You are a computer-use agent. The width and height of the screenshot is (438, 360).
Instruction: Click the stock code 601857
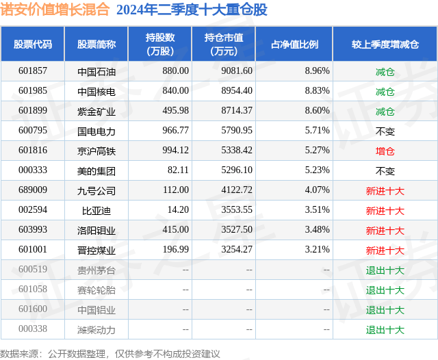(33, 71)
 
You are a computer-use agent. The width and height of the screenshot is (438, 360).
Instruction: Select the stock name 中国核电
(96, 91)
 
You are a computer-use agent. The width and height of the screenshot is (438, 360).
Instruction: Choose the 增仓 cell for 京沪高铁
(385, 151)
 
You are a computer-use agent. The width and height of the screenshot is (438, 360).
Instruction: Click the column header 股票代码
(33, 44)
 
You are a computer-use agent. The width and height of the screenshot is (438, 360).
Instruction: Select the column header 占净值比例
(295, 44)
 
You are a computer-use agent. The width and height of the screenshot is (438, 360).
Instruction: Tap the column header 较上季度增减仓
(385, 44)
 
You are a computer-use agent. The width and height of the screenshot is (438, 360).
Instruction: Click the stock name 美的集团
(96, 171)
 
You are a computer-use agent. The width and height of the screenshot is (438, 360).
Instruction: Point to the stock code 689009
(33, 191)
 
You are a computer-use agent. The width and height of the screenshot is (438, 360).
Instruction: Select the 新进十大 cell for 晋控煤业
(385, 250)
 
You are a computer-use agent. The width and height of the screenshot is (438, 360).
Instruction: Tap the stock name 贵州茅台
(96, 270)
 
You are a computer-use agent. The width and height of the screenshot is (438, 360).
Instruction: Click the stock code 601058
(33, 290)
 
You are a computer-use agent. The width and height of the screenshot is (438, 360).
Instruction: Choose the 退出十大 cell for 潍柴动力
(385, 330)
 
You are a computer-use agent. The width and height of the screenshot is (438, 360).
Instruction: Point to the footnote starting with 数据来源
(110, 353)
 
